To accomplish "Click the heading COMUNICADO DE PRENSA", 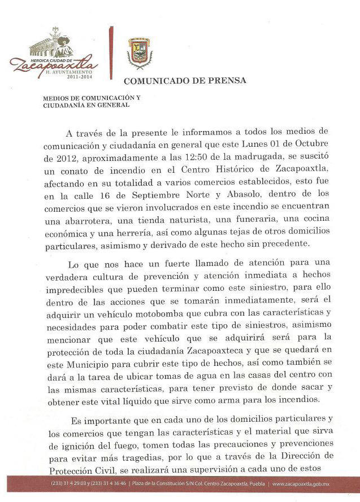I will [x=185, y=80].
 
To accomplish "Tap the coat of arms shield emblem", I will [x=140, y=51].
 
